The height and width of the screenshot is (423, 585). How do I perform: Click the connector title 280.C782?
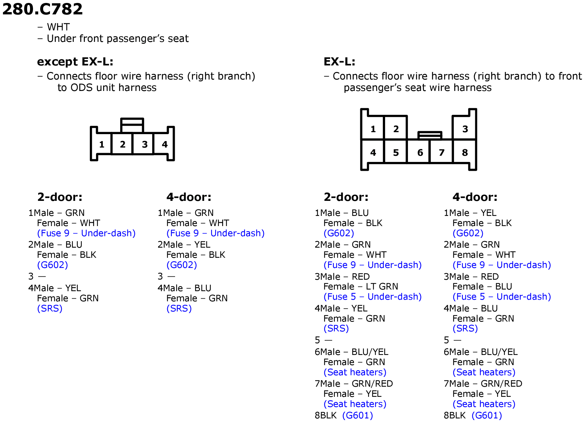[42, 9]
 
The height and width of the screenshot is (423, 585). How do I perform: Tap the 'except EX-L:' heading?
[75, 62]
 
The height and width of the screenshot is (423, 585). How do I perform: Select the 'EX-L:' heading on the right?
[339, 62]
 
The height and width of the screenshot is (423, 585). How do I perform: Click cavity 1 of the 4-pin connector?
[102, 144]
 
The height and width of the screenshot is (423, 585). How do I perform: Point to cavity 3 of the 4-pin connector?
[145, 144]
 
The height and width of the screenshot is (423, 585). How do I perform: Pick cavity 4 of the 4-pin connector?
[165, 144]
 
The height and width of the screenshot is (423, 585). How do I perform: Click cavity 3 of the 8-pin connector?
[465, 129]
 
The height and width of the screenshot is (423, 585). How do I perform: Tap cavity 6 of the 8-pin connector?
[420, 152]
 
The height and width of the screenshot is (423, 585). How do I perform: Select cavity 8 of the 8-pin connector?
[465, 152]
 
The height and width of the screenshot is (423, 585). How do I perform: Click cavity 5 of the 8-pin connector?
[396, 152]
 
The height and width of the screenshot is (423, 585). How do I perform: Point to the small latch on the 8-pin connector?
[430, 135]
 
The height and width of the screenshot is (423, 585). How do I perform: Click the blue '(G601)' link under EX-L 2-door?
[358, 415]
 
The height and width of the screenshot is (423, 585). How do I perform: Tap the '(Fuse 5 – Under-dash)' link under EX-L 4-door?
[502, 297]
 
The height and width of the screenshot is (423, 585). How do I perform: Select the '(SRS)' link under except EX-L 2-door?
[50, 308]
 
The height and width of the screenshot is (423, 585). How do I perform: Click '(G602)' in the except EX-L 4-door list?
[182, 265]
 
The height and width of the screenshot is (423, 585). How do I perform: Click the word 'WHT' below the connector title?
[58, 27]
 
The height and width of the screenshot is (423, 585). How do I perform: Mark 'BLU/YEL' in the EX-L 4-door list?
[499, 352]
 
